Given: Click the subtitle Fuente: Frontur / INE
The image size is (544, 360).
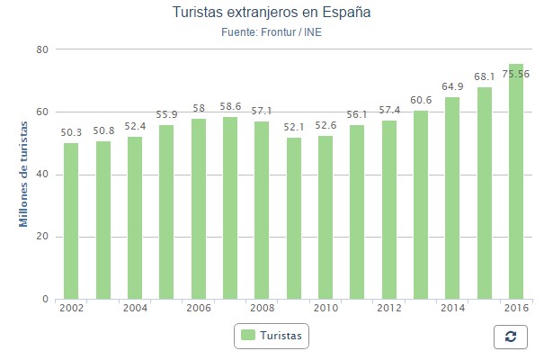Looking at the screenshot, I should [x=271, y=33].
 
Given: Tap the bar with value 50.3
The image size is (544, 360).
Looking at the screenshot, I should [x=71, y=221].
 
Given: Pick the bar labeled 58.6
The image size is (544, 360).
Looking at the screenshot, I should [x=230, y=208].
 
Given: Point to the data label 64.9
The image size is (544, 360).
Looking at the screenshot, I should [x=452, y=86].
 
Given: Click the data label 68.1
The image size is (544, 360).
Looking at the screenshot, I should [x=484, y=76].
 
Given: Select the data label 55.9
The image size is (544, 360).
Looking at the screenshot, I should [x=166, y=114].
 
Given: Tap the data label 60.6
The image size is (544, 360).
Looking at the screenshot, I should [x=421, y=100].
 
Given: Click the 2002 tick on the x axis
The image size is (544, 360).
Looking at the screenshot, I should [x=71, y=309].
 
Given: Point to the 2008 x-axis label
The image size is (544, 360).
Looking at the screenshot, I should [x=262, y=309].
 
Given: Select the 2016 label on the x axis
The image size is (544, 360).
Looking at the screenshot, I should [x=516, y=309].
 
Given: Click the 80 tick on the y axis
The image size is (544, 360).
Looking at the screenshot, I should [x=41, y=49].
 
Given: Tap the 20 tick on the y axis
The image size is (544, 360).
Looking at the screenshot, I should [x=41, y=237].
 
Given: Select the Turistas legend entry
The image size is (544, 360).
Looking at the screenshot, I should [x=272, y=336].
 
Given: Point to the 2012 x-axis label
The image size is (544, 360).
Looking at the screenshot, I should [x=389, y=309].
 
